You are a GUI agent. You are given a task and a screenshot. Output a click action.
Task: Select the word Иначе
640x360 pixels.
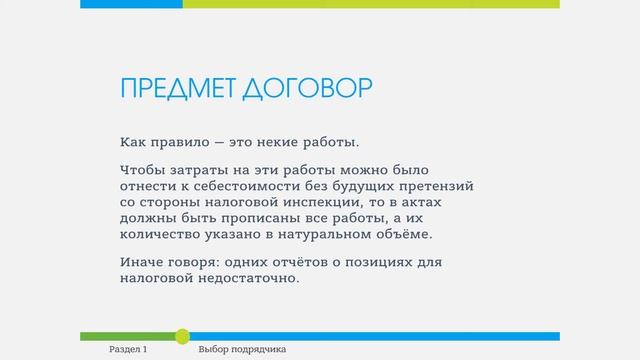pyautogui.click(x=139, y=262)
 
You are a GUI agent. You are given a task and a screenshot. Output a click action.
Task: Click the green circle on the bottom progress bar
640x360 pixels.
pyautogui.click(x=182, y=336)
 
